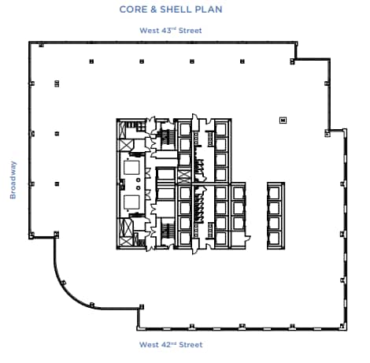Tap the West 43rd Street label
(171, 31)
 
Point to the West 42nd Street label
(171, 345)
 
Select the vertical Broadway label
(13, 180)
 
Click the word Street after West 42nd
(190, 345)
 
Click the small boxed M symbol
(283, 120)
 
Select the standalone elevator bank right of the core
(276, 213)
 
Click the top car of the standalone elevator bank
(276, 192)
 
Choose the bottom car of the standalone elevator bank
(276, 235)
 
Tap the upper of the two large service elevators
(130, 167)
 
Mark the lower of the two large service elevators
(130, 202)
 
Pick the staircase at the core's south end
(166, 232)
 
